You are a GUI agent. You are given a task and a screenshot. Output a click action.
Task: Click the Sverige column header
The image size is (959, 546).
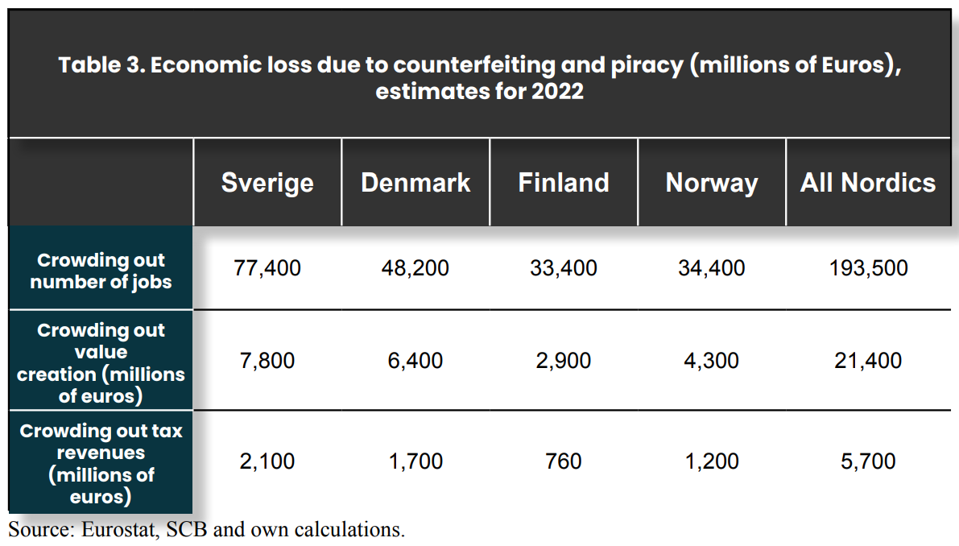pyautogui.click(x=267, y=182)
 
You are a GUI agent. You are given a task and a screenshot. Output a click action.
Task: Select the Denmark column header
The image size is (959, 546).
pyautogui.click(x=416, y=182)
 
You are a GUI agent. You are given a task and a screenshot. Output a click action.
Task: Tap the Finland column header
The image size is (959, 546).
pyautogui.click(x=564, y=182)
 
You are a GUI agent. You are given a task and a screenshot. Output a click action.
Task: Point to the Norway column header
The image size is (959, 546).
pyautogui.click(x=712, y=182)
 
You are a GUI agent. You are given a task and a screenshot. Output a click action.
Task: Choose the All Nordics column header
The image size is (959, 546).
pyautogui.click(x=868, y=182)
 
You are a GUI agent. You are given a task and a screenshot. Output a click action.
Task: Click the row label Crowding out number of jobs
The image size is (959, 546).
pyautogui.click(x=101, y=271)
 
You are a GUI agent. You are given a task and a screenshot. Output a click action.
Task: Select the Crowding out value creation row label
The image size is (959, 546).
pyautogui.click(x=101, y=362)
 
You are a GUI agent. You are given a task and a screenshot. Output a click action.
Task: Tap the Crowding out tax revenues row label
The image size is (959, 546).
pyautogui.click(x=101, y=464)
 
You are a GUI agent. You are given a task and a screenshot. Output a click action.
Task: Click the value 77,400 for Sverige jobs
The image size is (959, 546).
pyautogui.click(x=267, y=268)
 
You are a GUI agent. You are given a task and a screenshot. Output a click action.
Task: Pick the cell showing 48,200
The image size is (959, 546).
pyautogui.click(x=415, y=268)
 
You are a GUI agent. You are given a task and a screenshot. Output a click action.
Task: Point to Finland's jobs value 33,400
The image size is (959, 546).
pyautogui.click(x=564, y=268)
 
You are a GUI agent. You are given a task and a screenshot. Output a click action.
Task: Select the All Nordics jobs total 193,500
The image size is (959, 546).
pyautogui.click(x=869, y=268)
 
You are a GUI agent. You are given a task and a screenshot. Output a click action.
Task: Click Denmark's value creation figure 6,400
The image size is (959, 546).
pyautogui.click(x=415, y=361)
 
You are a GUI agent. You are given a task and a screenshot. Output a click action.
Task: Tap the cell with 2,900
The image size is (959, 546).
pyautogui.click(x=564, y=361)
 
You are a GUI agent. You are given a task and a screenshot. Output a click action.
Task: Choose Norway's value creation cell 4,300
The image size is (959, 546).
pyautogui.click(x=711, y=361)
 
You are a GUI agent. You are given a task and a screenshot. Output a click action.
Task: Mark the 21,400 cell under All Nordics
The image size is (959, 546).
pyautogui.click(x=868, y=361)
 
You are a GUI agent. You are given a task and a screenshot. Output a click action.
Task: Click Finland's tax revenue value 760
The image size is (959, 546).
pyautogui.click(x=564, y=461)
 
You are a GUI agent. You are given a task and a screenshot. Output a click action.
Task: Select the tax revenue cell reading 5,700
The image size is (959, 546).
pyautogui.click(x=868, y=461)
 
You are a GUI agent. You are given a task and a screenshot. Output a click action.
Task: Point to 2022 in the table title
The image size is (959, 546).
pyautogui.click(x=557, y=91)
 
